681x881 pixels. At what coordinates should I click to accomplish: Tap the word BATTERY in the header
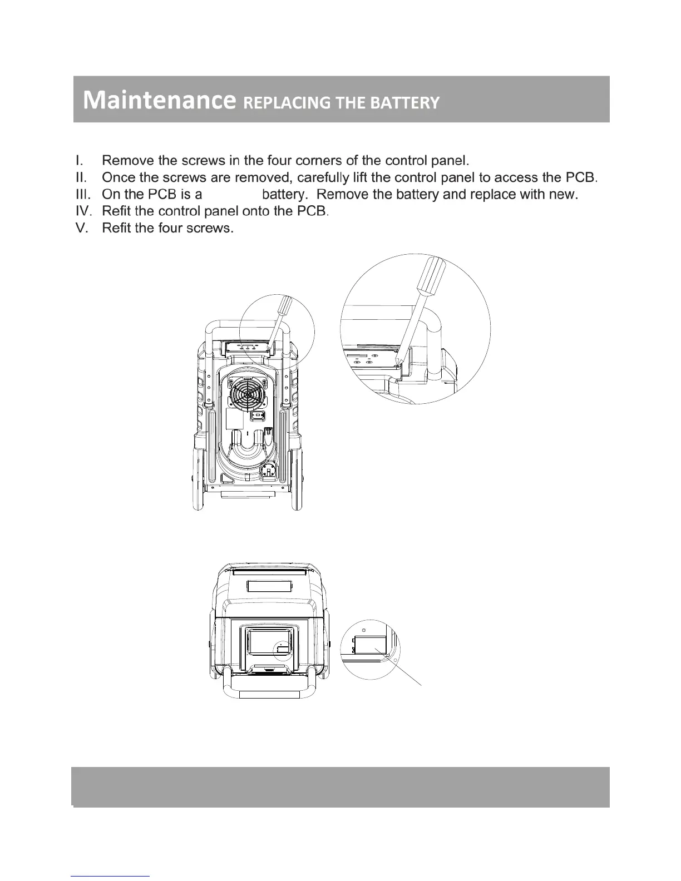point(411,103)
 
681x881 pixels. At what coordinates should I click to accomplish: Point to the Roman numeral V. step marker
point(81,229)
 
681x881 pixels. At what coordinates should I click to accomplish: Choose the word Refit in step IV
point(116,212)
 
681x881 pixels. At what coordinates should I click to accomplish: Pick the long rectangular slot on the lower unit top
point(270,587)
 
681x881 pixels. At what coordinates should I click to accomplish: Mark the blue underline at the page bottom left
point(111,877)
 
